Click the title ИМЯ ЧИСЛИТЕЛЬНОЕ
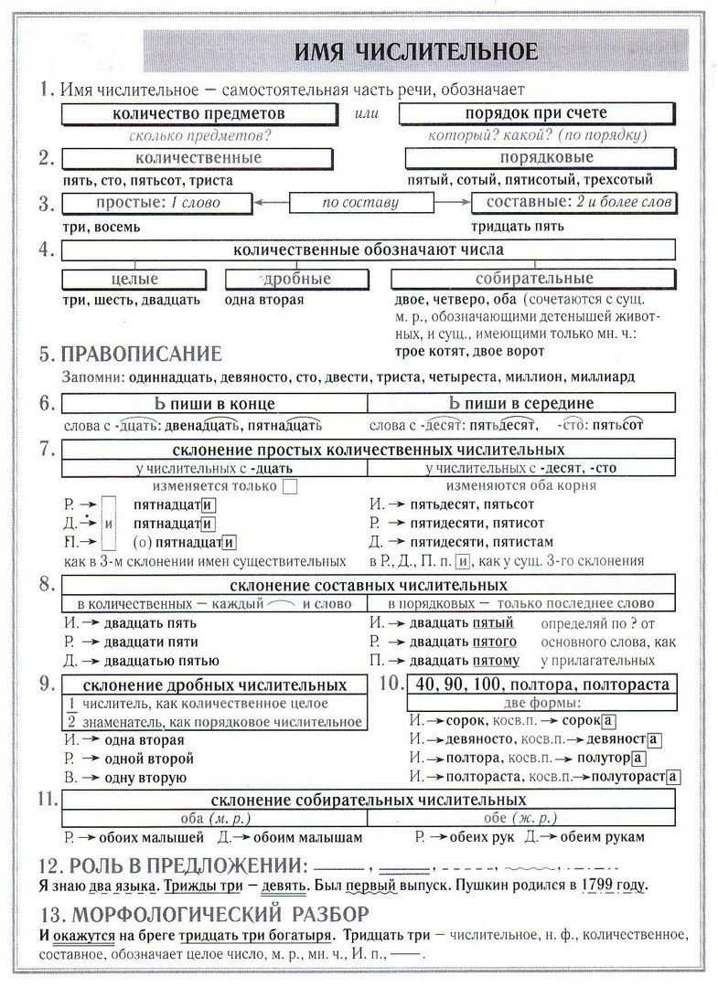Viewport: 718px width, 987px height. (x=415, y=53)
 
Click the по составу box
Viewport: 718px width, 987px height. (x=361, y=203)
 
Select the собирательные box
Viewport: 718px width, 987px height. (x=534, y=279)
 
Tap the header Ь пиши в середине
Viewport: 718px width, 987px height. (x=521, y=403)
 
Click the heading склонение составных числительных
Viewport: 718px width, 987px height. (x=368, y=584)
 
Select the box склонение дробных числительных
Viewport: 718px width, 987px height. (x=215, y=685)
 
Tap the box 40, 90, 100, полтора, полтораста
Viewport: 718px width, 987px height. (x=541, y=685)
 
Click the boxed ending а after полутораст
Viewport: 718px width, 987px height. (x=673, y=777)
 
